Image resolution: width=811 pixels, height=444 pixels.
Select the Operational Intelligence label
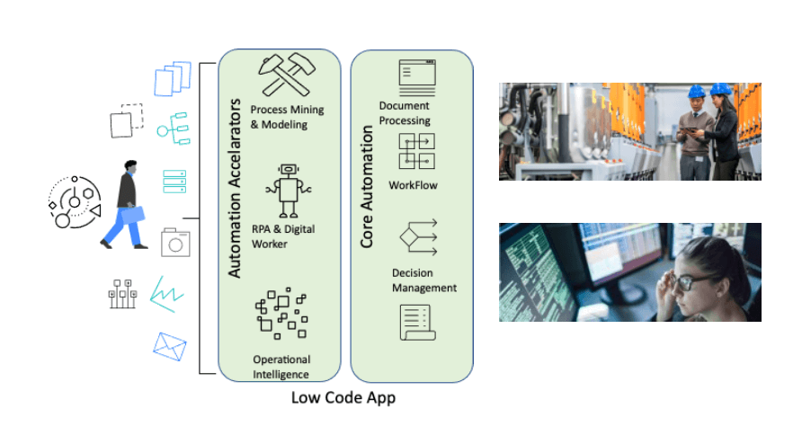[281, 367]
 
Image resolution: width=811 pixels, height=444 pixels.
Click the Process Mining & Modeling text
[287, 117]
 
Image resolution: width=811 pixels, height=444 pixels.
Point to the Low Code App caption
[343, 397]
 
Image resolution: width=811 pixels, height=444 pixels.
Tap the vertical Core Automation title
[367, 188]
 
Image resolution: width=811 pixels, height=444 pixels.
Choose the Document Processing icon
[416, 78]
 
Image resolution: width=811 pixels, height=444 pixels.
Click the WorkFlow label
[413, 185]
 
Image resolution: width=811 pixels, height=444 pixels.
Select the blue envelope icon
[170, 345]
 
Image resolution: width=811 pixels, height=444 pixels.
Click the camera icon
[174, 242]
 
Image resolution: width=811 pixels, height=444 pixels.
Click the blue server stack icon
[174, 180]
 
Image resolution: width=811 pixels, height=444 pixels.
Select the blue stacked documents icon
[173, 79]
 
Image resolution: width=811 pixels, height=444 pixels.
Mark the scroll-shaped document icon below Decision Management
[417, 322]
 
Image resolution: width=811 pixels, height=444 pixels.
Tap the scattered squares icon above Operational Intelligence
[281, 315]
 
